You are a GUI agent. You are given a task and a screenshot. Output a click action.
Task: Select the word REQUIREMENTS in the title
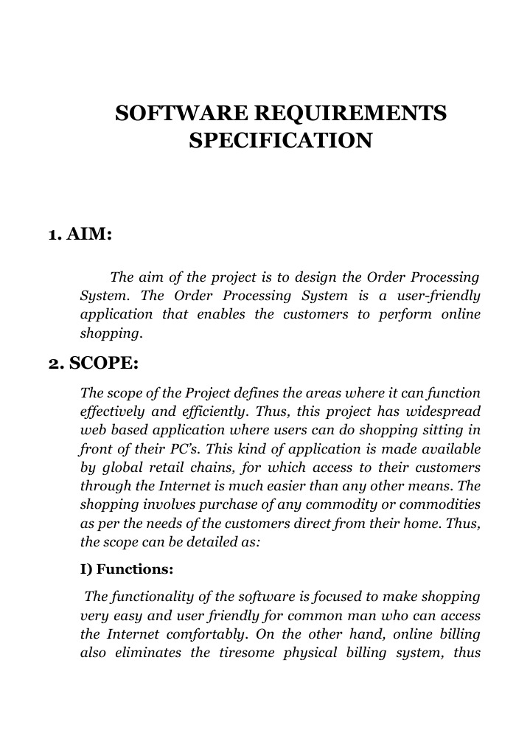coord(350,114)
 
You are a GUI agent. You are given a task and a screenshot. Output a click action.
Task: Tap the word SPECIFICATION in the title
coord(280,139)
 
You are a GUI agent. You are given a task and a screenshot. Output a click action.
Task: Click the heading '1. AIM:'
coord(80,235)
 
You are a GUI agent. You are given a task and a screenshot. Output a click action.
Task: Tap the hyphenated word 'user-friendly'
coord(437,296)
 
